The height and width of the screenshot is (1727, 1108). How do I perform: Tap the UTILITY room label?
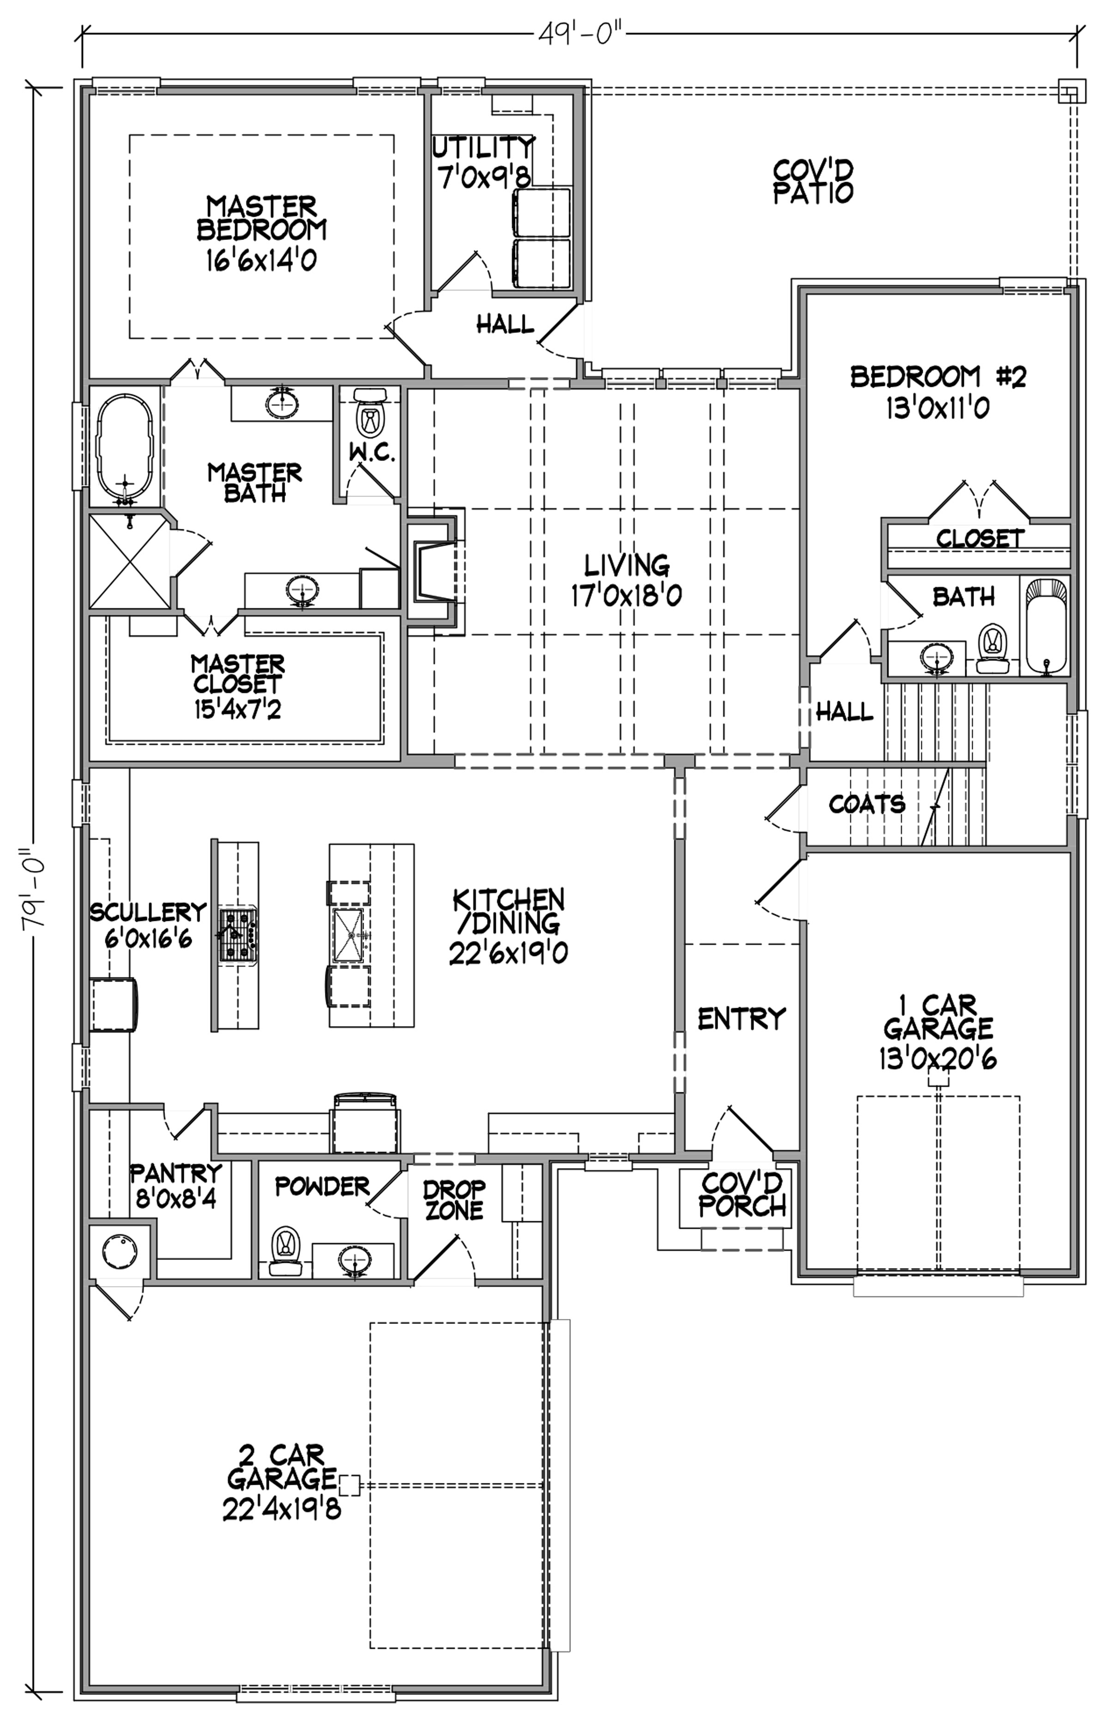pyautogui.click(x=483, y=147)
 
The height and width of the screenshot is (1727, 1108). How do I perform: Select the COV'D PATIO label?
pyautogui.click(x=814, y=181)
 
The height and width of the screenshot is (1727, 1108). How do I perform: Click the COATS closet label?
pyautogui.click(x=867, y=804)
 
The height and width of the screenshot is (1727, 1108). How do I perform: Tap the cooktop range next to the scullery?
pyautogui.click(x=238, y=935)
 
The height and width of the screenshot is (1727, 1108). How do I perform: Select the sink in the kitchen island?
pyautogui.click(x=350, y=935)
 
